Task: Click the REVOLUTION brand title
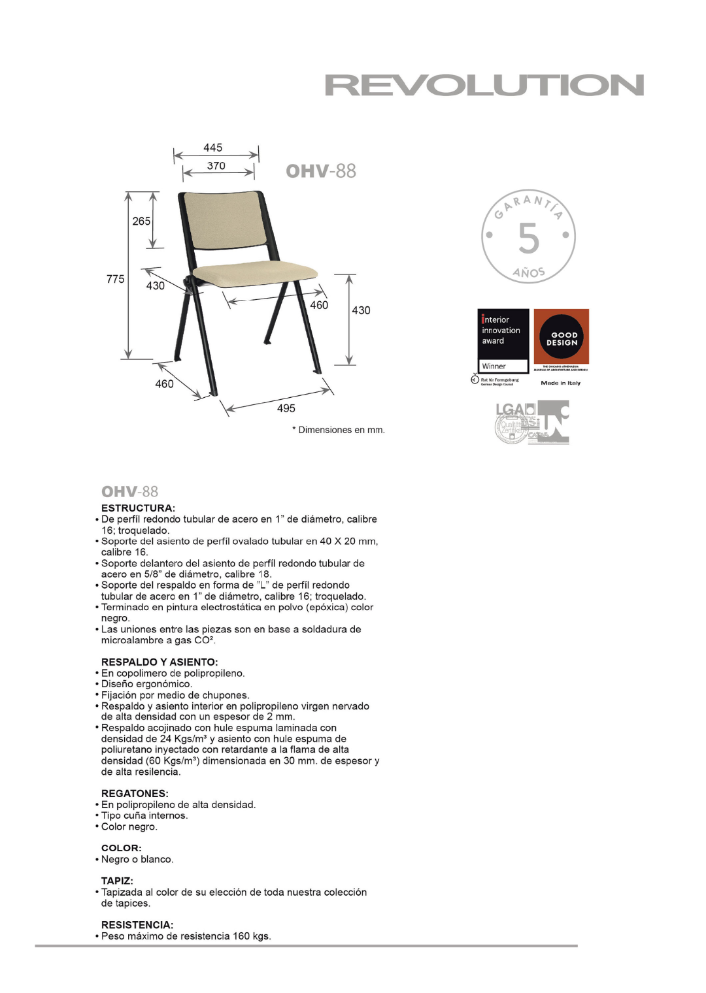(484, 86)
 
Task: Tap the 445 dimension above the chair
(213, 148)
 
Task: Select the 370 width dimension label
(216, 166)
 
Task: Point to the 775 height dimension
(115, 279)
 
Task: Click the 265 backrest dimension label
(141, 221)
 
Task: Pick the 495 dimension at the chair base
(286, 408)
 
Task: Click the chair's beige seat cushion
(256, 272)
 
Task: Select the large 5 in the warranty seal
(529, 238)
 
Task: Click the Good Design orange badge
(562, 337)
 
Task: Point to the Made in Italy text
(560, 383)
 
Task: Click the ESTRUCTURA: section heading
(138, 508)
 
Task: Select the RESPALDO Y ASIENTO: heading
(160, 662)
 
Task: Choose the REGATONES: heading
(135, 794)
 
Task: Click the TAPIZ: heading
(117, 881)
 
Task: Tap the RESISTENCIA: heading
(137, 925)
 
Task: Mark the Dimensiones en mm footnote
(339, 430)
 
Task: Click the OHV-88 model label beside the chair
(321, 171)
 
